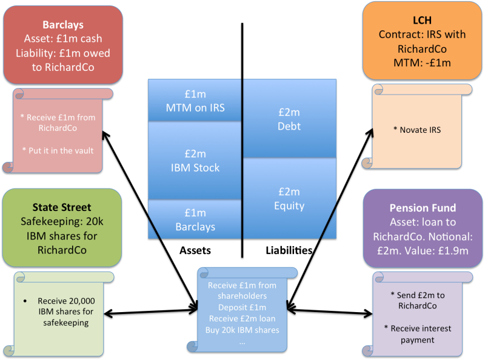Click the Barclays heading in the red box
pos(64,25)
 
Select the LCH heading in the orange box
pos(423,20)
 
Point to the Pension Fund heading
pos(423,208)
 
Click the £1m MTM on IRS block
pos(195,100)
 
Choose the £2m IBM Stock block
pos(195,161)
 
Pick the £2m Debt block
pos(289,119)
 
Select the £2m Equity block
pos(289,198)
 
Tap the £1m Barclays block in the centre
pos(195,220)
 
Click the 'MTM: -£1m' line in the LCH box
pos(423,62)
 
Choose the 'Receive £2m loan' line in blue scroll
pos(242,319)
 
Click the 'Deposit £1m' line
pos(242,308)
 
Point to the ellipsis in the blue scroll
pos(242,341)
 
